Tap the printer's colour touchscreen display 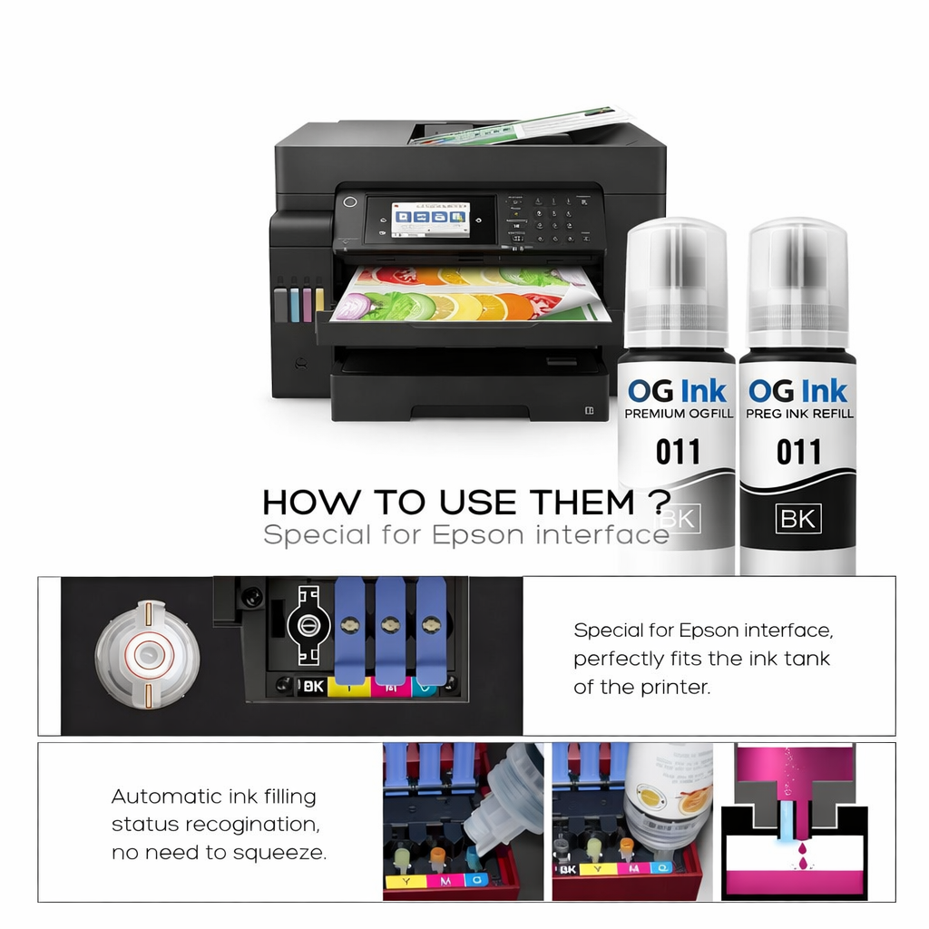430,220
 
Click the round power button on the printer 351,200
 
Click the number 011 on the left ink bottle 677,451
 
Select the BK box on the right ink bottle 798,519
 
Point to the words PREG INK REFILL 799,414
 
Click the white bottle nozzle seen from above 147,653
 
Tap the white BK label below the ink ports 311,687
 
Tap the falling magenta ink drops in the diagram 796,848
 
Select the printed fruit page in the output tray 472,295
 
